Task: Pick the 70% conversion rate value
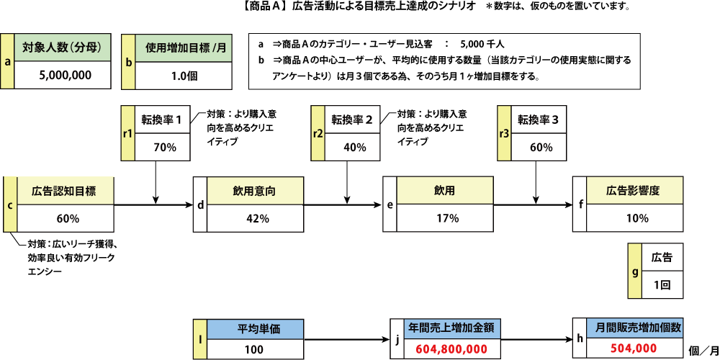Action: (x=165, y=147)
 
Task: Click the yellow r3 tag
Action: (x=504, y=133)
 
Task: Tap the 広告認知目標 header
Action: (x=65, y=191)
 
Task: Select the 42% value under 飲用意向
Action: (x=257, y=218)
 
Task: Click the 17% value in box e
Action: (x=447, y=218)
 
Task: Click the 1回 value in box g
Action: (x=662, y=284)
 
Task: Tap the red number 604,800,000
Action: (x=451, y=348)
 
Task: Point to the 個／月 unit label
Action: (x=703, y=350)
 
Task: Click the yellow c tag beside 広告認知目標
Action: (x=9, y=205)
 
